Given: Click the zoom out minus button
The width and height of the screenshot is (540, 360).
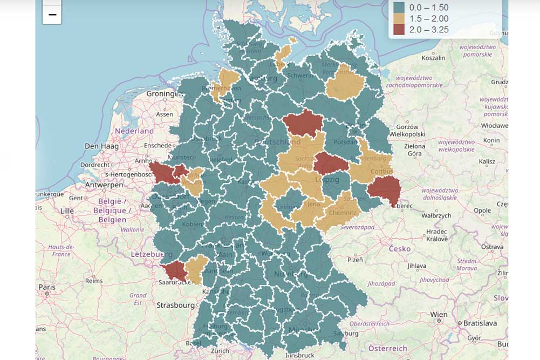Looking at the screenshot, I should point(52,15).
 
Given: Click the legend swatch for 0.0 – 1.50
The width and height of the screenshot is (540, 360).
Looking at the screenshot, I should point(399,8).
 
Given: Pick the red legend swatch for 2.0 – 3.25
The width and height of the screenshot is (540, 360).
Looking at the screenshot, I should point(399,30).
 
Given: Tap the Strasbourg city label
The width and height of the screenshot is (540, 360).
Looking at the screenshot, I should point(175,305).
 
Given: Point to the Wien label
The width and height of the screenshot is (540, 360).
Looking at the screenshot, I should point(439,314).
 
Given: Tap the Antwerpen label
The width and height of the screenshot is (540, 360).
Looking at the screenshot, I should point(104,185).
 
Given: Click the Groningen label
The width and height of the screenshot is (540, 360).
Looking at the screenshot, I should point(163,93).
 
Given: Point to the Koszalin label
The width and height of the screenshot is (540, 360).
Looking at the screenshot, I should point(433,58).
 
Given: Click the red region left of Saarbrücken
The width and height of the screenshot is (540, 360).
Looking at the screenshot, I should point(175,270).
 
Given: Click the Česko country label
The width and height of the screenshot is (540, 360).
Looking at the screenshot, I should point(400,249).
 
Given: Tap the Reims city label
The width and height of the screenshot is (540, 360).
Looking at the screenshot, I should point(94,281).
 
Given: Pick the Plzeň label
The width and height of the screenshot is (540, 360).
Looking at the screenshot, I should point(355,260).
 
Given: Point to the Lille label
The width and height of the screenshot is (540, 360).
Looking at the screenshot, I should point(67,210).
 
